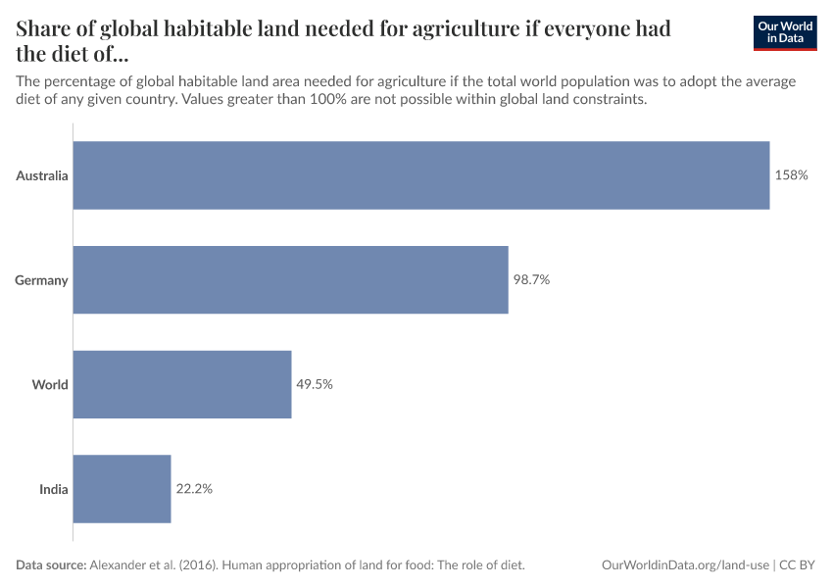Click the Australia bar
[421, 175]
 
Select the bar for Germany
[291, 280]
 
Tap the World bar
[182, 384]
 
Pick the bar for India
[122, 488]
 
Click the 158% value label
[791, 175]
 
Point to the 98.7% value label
[531, 280]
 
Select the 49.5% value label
[315, 384]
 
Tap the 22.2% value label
[194, 488]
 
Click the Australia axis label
[42, 175]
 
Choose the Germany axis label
[41, 280]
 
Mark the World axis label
[50, 384]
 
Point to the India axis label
[54, 488]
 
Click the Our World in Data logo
[785, 32]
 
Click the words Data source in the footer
[51, 564]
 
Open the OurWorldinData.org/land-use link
[685, 564]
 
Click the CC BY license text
[798, 564]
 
